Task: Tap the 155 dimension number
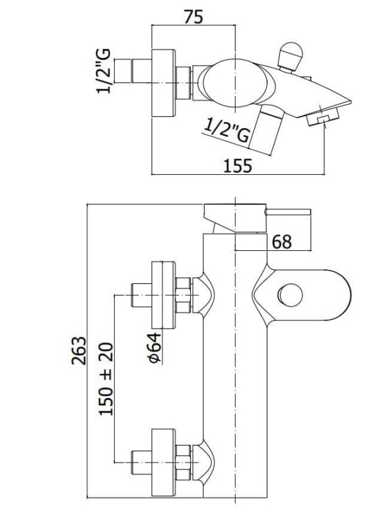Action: [238, 166]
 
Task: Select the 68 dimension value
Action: [282, 242]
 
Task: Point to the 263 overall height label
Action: [79, 350]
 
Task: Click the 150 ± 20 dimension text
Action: [106, 379]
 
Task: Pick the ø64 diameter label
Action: [155, 348]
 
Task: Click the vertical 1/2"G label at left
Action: [104, 71]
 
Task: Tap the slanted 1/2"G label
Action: [227, 130]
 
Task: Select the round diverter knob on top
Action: [290, 54]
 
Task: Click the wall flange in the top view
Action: [164, 83]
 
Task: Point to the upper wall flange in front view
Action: [164, 294]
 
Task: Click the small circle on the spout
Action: [290, 295]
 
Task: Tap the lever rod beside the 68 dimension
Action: [288, 212]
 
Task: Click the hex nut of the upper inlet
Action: [184, 295]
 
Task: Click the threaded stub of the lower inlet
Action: [141, 463]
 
